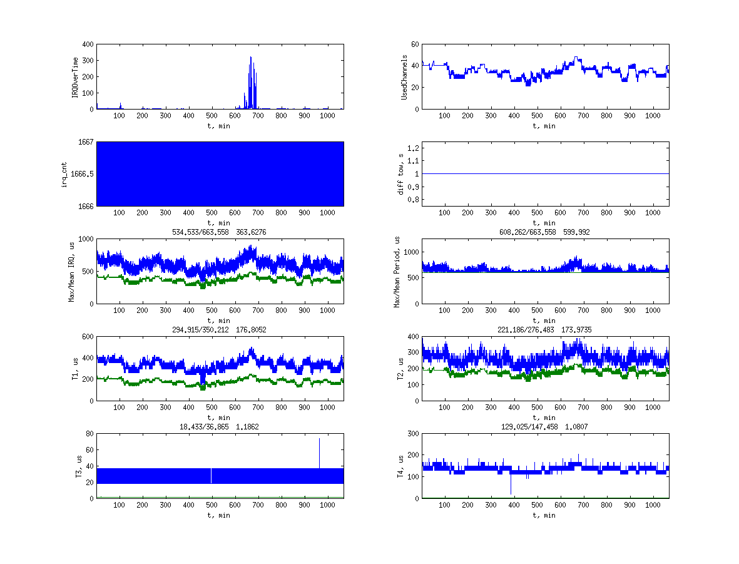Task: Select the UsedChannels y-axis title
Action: [404, 76]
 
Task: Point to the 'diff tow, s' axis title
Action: [400, 173]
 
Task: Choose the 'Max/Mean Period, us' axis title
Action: [396, 271]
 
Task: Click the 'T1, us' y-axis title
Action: [74, 369]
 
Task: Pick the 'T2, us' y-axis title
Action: [400, 369]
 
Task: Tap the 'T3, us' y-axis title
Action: [74, 466]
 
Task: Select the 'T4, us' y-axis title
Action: [400, 466]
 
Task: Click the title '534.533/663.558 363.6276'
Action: [219, 232]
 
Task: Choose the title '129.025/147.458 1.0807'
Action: [545, 427]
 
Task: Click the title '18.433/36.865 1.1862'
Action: [219, 427]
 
